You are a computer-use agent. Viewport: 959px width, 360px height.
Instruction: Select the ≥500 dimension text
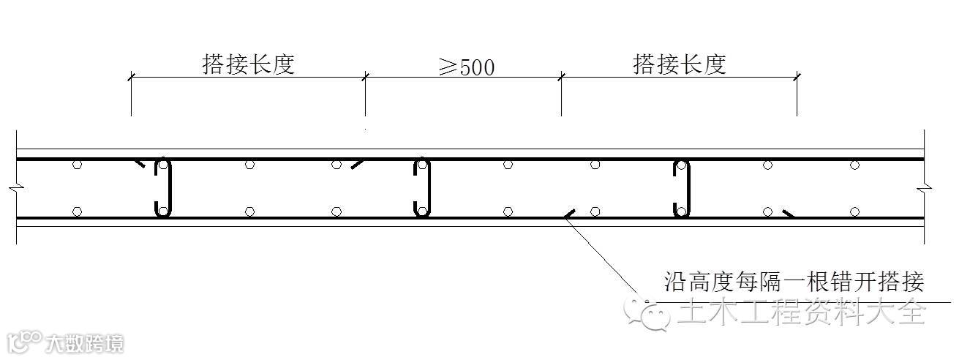(x=466, y=67)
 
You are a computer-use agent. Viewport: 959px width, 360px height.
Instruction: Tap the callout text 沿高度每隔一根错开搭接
(x=794, y=282)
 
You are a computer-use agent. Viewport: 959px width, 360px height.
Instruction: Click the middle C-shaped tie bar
(x=422, y=187)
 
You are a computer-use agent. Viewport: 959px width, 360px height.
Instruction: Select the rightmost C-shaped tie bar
(x=681, y=187)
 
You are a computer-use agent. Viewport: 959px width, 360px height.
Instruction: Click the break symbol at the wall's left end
(x=16, y=189)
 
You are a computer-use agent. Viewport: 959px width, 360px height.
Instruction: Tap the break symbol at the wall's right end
(x=925, y=189)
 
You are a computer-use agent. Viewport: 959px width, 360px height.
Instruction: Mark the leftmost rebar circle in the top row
(x=77, y=165)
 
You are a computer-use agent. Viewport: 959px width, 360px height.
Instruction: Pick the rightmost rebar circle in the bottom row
(x=854, y=212)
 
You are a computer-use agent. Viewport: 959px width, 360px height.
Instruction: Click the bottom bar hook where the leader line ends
(x=568, y=214)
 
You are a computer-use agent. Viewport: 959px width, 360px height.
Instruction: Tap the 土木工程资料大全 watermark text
(x=801, y=313)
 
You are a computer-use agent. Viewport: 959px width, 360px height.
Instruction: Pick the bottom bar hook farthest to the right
(x=789, y=214)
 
